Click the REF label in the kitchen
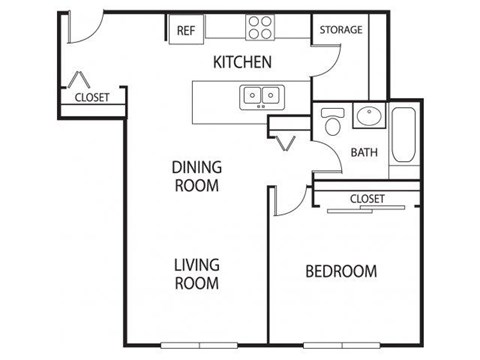185,30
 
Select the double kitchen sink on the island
261,96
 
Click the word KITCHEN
243,62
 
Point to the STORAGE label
340,30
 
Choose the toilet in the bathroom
332,124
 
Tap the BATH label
363,153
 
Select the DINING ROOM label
197,176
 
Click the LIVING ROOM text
197,274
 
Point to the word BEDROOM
341,271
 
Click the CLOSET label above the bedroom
367,199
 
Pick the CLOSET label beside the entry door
92,97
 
